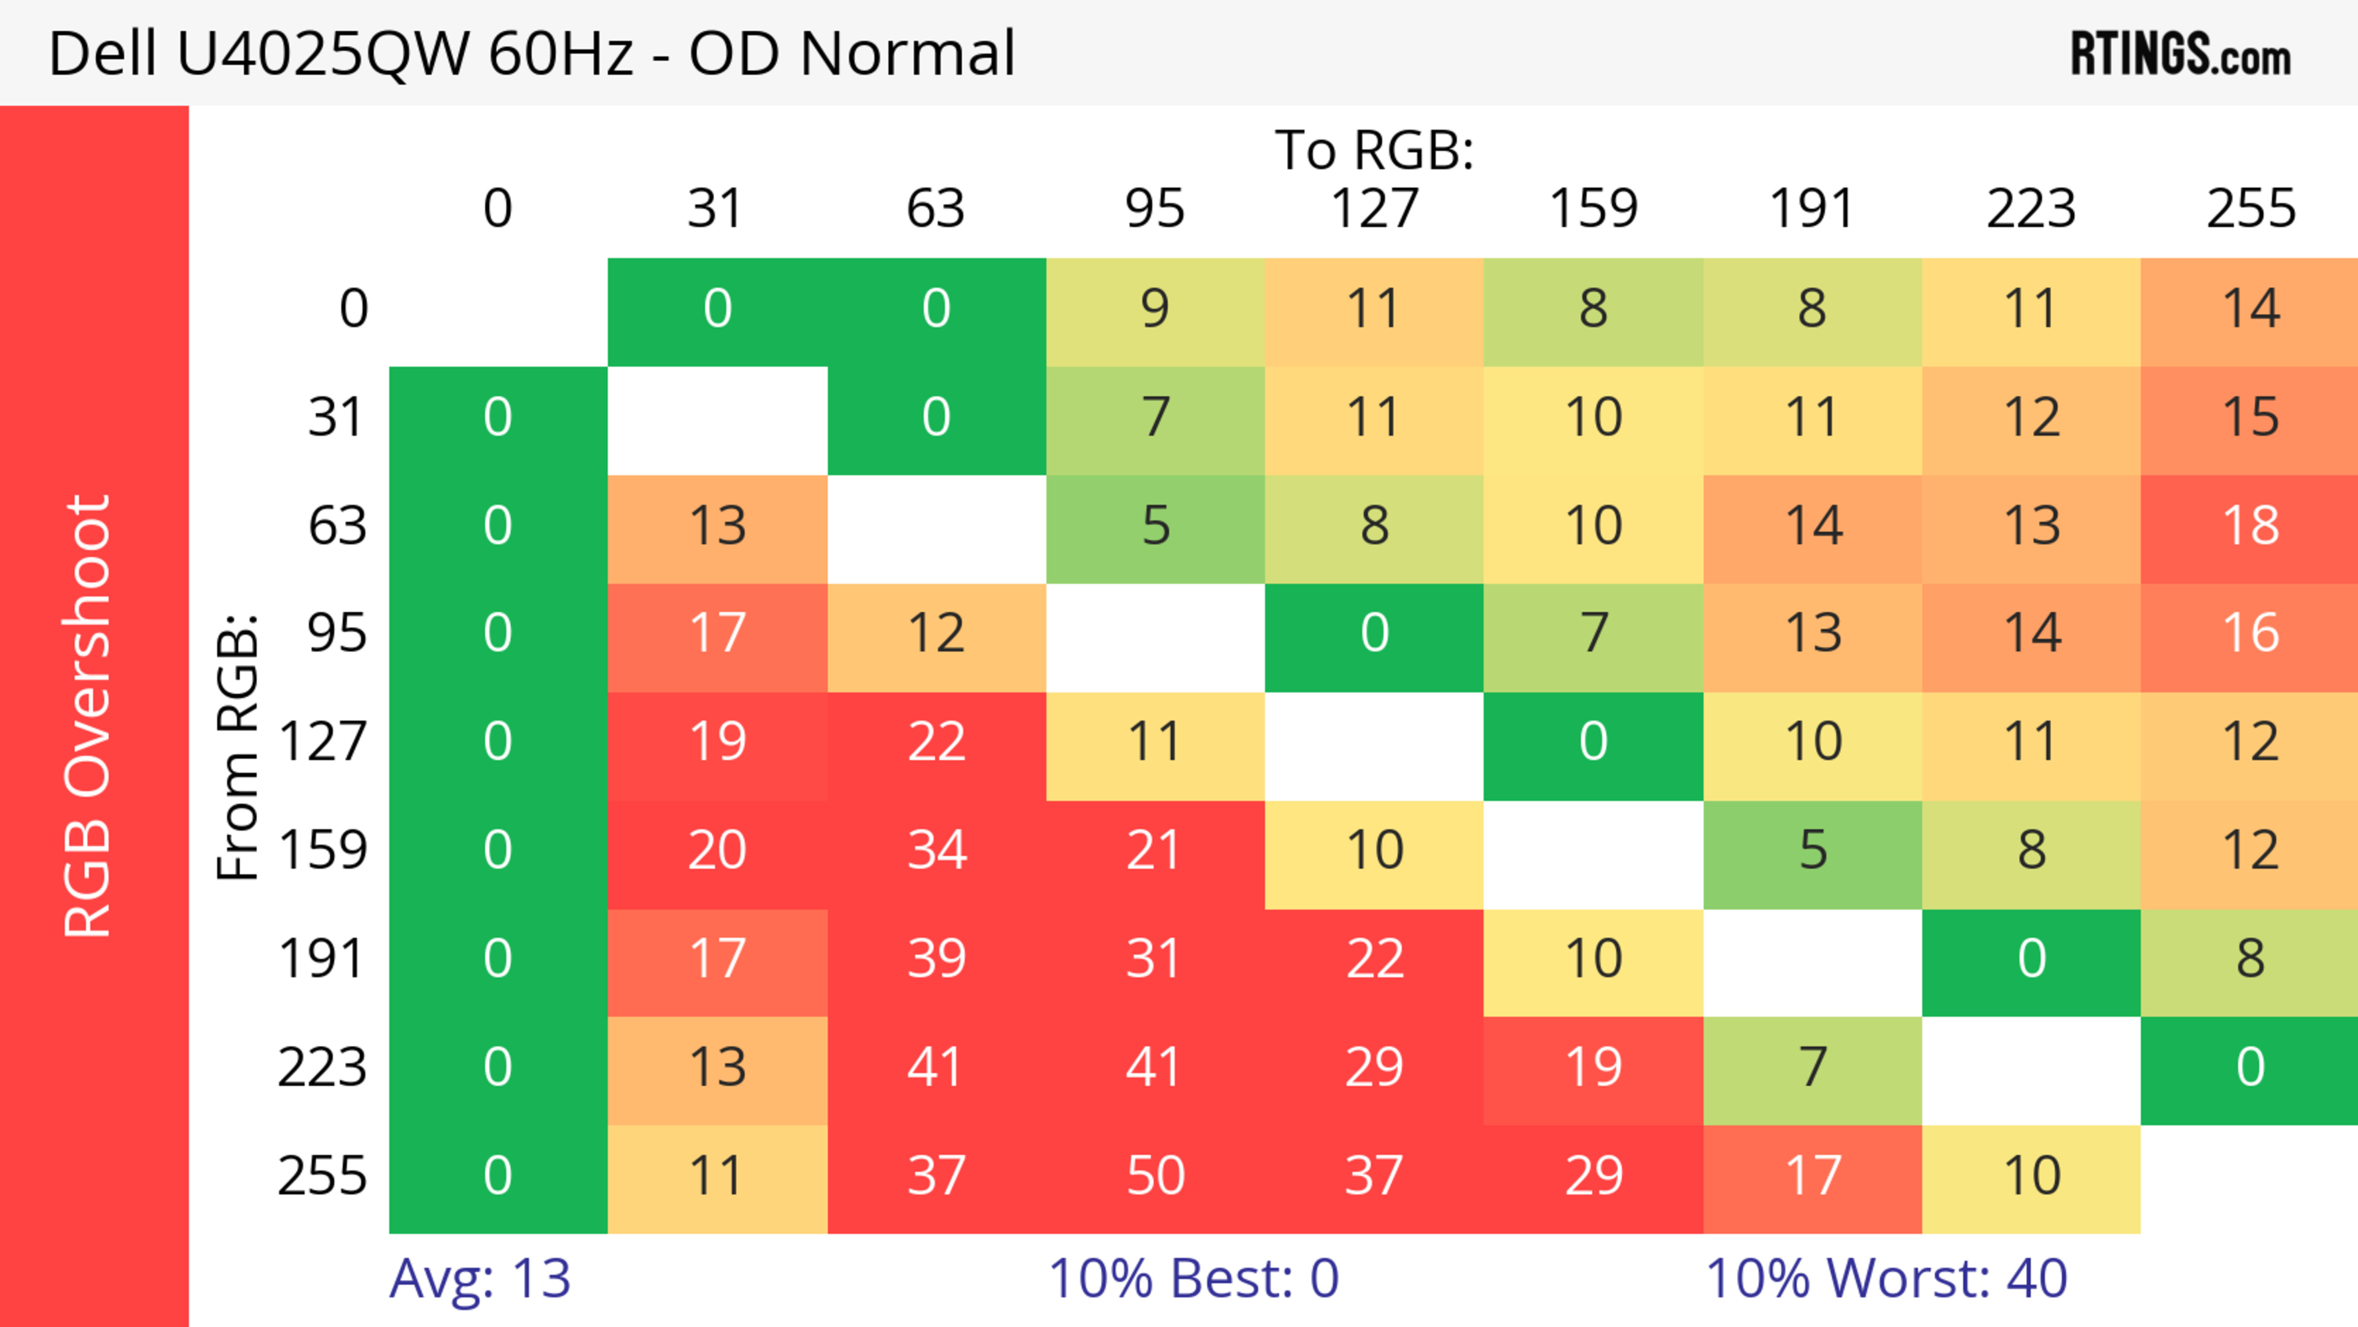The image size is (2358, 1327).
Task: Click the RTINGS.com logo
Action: [x=2181, y=53]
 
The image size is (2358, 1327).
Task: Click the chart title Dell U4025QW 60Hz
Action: [x=531, y=53]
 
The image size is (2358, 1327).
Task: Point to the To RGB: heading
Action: [x=1374, y=149]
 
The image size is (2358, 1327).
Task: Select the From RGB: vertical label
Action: [x=238, y=747]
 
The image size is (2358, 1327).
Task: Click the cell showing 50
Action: [x=1155, y=1175]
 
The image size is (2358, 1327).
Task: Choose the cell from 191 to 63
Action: [x=936, y=958]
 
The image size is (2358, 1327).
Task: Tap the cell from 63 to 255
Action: [x=2250, y=525]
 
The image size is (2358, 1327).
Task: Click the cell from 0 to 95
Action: [x=1155, y=308]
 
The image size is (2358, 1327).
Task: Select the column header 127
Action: [x=1374, y=209]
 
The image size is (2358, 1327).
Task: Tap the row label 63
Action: [x=338, y=525]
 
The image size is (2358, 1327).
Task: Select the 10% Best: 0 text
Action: [x=1193, y=1278]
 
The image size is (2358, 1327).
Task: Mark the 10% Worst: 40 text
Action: [x=1886, y=1278]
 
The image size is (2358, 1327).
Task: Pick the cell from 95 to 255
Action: [x=2250, y=633]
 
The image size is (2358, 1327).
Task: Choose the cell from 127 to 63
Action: [x=936, y=741]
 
